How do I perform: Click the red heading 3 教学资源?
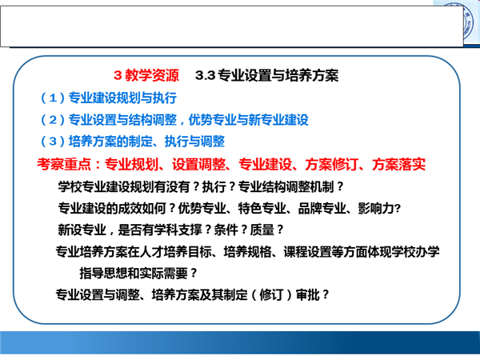point(146,75)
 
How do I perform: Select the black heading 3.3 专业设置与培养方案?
point(266,75)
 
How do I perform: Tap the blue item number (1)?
point(53,98)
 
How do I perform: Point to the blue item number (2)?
point(53,120)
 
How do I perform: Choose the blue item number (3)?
point(53,142)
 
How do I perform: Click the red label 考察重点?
point(64,164)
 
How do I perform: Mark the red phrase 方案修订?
point(331,164)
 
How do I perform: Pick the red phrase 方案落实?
point(398,164)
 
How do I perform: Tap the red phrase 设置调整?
point(198,164)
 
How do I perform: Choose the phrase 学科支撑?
point(178,230)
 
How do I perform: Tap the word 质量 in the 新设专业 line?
point(262,230)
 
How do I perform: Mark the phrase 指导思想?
point(103,274)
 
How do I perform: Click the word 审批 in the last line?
point(308,294)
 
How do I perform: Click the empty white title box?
point(232,26)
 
